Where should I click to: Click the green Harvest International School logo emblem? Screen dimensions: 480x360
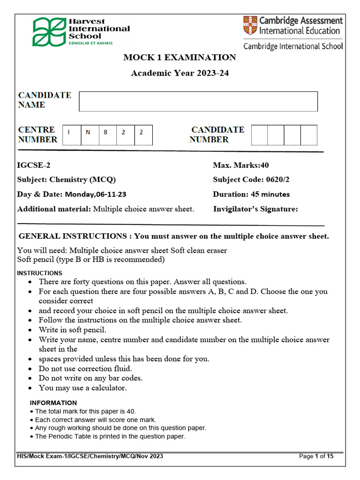click(49, 32)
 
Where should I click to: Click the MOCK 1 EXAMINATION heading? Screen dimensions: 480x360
click(180, 58)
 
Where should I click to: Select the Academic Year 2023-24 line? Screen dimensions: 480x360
click(180, 73)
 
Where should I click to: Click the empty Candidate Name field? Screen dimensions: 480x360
click(198, 101)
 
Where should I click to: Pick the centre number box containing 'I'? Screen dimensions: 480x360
click(72, 135)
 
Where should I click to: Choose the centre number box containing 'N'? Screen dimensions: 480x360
click(90, 135)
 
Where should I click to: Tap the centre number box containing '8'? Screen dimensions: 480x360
click(107, 135)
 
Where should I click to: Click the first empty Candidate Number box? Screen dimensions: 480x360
click(259, 135)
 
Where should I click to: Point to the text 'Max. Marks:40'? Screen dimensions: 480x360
click(241, 165)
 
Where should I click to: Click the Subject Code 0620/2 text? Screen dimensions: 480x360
click(247, 180)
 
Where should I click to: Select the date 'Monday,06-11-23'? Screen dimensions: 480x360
click(95, 194)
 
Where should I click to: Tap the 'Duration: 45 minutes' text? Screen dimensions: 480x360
click(251, 194)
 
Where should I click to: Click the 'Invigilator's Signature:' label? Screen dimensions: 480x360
click(255, 209)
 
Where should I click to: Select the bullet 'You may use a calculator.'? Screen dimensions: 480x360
click(82, 388)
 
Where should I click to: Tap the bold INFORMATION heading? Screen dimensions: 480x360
click(53, 403)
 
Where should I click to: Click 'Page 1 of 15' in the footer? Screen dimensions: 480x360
click(316, 456)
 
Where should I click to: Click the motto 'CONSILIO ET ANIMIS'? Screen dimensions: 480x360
click(90, 43)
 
